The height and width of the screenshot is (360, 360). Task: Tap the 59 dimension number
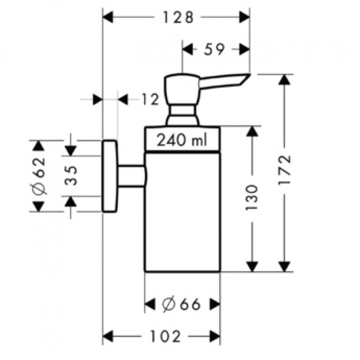214,49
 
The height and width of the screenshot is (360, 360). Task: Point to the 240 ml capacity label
181,140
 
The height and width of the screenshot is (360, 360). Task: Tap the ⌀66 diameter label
181,305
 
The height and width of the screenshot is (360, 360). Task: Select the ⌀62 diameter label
39,176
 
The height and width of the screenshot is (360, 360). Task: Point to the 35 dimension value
70,176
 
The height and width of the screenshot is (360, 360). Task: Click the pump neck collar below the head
182,115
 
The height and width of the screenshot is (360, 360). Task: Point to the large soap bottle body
182,211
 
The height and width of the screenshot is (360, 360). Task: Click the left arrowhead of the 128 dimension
107,18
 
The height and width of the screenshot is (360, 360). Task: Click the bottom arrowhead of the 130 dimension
252,267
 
